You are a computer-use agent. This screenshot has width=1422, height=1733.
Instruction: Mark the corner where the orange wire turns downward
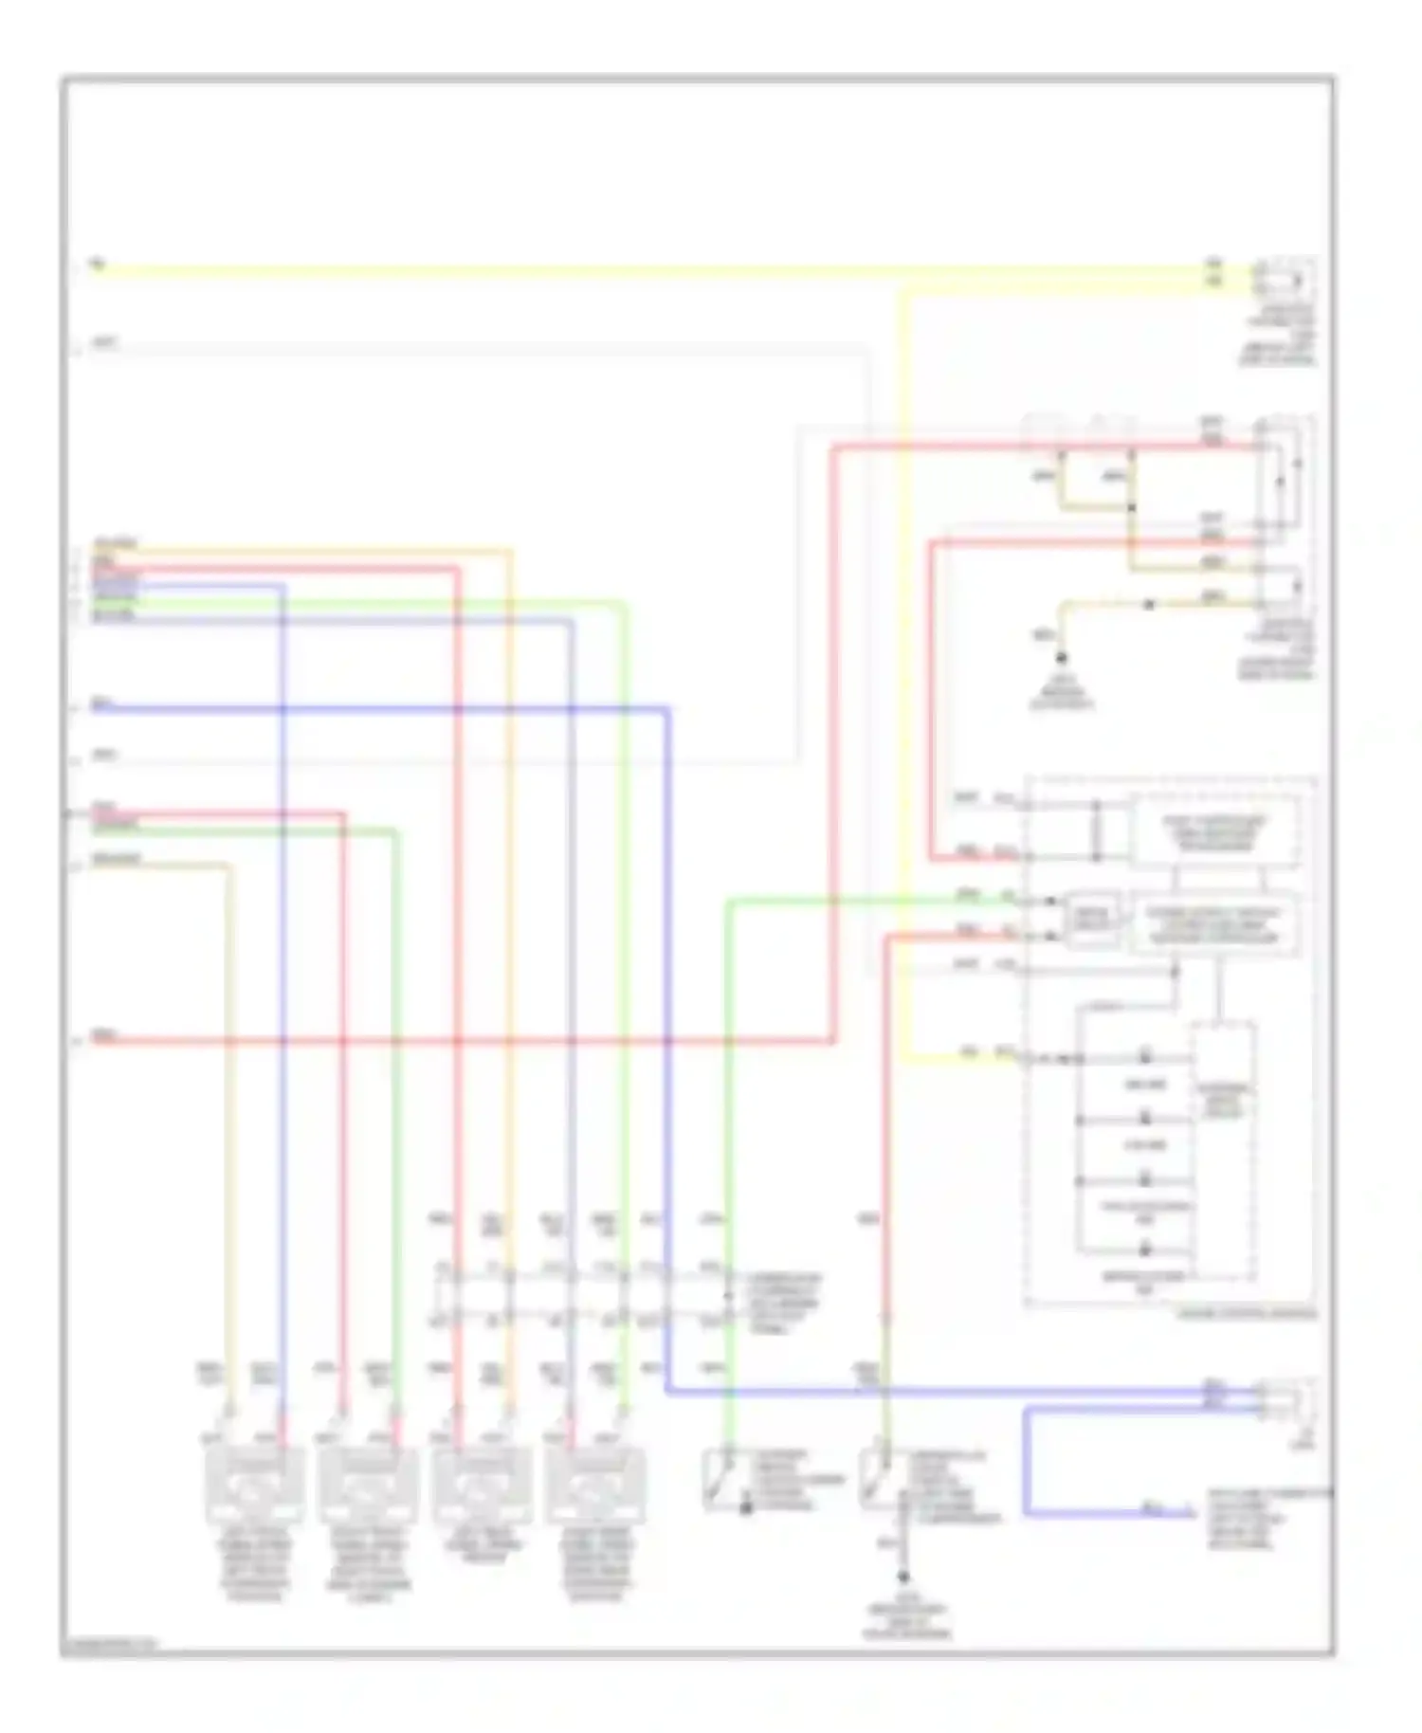point(510,551)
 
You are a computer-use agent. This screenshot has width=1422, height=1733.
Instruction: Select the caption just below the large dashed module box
point(1247,1314)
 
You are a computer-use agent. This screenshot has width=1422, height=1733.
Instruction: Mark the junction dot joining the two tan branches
point(1130,508)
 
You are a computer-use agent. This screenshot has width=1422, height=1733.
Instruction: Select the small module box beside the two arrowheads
point(1090,919)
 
